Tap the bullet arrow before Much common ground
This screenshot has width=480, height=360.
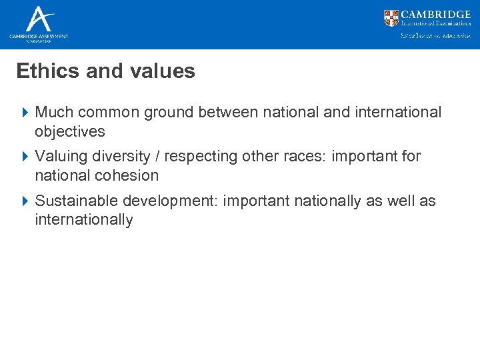point(25,113)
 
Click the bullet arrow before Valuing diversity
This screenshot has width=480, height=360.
point(25,157)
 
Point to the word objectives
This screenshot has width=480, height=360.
point(70,132)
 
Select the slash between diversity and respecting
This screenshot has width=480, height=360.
point(158,157)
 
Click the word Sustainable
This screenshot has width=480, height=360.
point(74,201)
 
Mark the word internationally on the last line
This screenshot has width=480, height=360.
point(84,220)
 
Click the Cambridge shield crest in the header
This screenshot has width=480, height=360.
point(391,18)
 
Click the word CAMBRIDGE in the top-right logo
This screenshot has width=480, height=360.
point(437,15)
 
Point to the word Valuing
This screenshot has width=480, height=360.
point(59,157)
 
